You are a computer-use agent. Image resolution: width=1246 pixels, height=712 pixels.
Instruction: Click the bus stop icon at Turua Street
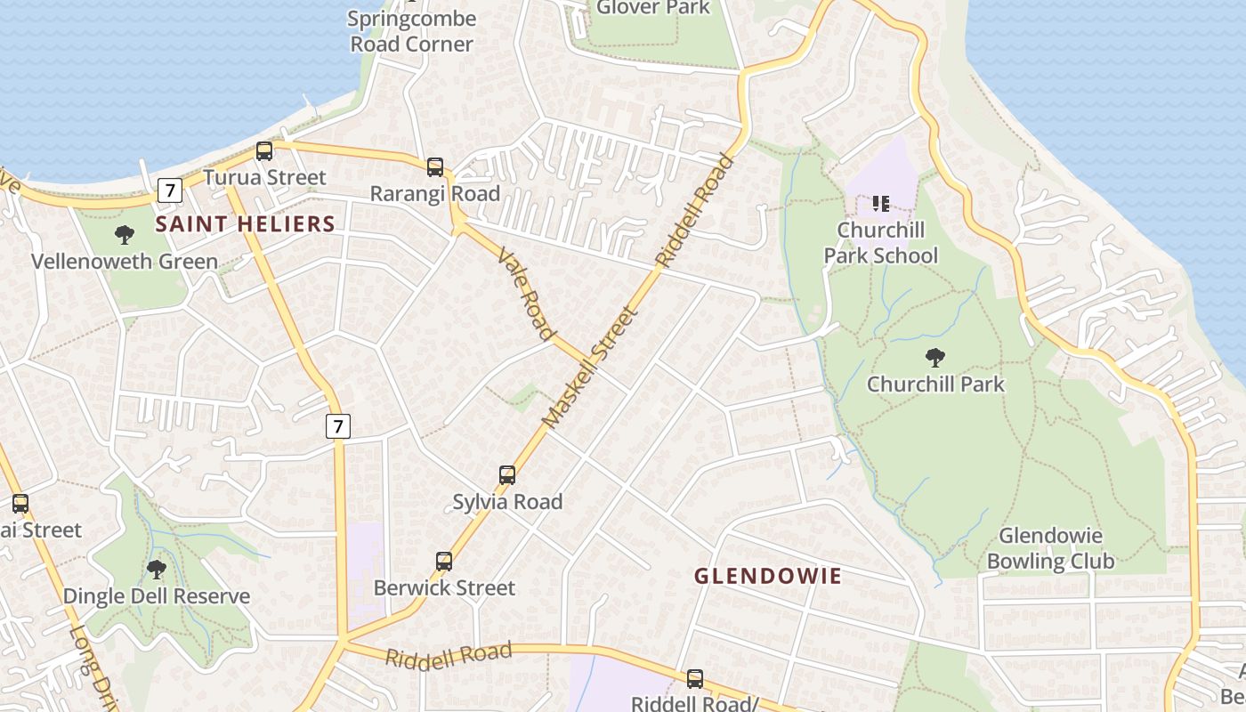pos(264,151)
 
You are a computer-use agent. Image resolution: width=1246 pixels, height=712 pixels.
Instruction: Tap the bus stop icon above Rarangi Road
pos(435,167)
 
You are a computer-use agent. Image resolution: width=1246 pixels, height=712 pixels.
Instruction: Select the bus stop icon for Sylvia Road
pos(507,475)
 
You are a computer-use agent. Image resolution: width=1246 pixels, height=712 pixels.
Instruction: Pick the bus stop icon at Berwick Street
pos(444,562)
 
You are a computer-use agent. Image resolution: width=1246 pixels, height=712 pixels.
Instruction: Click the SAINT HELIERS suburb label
pos(245,224)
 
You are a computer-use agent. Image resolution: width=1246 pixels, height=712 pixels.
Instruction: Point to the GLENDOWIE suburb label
pos(767,576)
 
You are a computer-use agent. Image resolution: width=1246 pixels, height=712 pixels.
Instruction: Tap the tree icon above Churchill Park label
pos(934,358)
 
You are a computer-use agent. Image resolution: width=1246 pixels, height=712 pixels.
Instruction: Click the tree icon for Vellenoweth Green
pos(125,235)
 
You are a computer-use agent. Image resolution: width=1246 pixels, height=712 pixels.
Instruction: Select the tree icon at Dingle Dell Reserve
pos(157,570)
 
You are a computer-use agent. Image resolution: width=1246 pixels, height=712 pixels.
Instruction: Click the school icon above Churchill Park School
pos(880,204)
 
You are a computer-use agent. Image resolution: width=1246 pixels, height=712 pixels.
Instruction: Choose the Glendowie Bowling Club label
pos(1050,548)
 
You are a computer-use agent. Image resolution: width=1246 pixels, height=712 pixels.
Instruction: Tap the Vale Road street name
pos(526,293)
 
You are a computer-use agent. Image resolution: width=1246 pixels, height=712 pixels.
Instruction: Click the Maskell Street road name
pos(591,367)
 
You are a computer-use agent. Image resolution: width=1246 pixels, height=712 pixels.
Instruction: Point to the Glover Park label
pos(653,8)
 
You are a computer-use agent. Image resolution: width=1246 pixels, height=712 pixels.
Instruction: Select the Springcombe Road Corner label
pos(411,31)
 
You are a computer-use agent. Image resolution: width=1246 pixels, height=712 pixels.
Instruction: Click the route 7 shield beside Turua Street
pos(169,190)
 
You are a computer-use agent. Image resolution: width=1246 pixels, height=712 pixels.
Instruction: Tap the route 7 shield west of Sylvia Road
pos(336,426)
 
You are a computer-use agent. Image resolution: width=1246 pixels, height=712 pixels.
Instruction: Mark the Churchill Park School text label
pos(880,243)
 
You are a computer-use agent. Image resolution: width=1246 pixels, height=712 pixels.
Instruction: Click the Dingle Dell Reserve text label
pos(157,596)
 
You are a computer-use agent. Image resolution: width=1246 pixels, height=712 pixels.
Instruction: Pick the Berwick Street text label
pos(444,588)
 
